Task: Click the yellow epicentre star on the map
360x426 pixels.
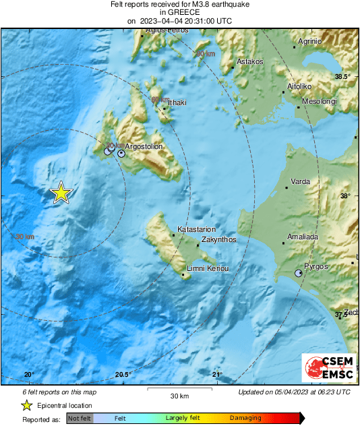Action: pos(61,193)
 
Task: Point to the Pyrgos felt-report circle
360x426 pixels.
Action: pos(299,273)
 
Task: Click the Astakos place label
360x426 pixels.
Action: pos(249,61)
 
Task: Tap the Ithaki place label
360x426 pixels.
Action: pos(176,102)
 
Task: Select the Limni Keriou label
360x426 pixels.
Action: pos(208,269)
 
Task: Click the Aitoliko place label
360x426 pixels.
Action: pos(299,87)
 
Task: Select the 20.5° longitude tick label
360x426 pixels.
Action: pos(122,375)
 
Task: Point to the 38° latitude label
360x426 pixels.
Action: pos(344,196)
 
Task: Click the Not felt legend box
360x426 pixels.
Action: pos(80,419)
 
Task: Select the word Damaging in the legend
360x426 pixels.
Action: pos(245,419)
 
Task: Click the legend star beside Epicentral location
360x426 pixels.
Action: pos(26,406)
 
